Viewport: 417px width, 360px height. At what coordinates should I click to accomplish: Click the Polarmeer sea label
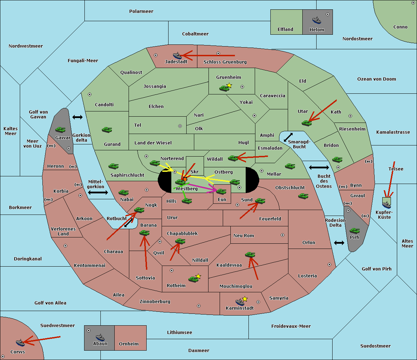tap(141, 11)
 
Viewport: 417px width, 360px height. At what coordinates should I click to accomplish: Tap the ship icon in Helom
tap(316, 20)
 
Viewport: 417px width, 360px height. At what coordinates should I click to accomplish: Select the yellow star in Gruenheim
tap(229, 85)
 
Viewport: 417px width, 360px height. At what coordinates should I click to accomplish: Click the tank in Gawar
tap(60, 129)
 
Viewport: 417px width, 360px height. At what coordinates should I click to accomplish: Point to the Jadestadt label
tap(176, 62)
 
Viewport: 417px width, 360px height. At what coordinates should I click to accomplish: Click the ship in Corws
tap(21, 343)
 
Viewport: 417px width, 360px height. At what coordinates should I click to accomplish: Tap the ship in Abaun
tap(100, 337)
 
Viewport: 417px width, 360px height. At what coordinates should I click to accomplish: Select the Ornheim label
tap(129, 344)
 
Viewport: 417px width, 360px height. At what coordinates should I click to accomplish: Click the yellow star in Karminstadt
tap(245, 299)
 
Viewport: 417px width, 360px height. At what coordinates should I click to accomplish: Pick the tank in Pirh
tap(354, 231)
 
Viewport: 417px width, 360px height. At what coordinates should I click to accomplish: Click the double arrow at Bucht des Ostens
tap(319, 168)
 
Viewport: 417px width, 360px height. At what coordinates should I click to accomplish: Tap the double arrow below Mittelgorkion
tap(98, 192)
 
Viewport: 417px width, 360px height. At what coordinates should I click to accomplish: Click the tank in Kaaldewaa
tap(250, 254)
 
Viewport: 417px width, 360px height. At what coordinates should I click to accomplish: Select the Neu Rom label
tap(244, 236)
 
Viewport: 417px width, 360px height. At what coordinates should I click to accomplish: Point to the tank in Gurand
tap(107, 129)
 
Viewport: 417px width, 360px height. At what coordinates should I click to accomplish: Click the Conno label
tap(400, 27)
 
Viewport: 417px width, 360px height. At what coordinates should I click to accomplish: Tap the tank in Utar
tap(306, 123)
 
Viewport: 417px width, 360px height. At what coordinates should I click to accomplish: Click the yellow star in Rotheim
tap(198, 276)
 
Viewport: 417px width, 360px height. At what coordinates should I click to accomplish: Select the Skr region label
tap(195, 172)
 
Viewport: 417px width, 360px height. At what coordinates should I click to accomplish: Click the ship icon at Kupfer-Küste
tap(386, 204)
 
